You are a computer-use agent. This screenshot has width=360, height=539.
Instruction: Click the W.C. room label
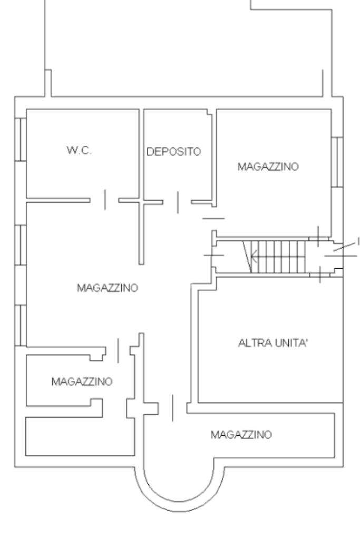click(79, 150)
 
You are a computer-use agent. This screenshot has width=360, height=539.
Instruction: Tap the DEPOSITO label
click(173, 152)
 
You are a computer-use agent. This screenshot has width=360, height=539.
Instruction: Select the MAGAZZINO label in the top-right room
click(268, 166)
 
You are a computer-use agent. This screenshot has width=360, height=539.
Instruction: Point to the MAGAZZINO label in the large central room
click(108, 288)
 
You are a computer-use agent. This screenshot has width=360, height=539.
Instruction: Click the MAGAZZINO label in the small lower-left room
click(82, 381)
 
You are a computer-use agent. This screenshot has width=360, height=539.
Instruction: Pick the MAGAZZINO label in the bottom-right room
click(241, 435)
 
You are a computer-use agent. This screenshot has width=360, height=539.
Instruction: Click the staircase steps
click(278, 257)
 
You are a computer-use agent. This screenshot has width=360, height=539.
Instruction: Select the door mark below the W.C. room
click(105, 199)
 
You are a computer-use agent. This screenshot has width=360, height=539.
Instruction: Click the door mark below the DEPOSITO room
click(178, 202)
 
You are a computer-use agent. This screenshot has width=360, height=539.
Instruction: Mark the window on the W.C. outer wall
click(21, 139)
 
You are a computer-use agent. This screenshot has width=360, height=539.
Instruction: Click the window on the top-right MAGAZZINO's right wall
click(337, 162)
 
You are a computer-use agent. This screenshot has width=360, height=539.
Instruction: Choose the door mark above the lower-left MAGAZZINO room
click(118, 350)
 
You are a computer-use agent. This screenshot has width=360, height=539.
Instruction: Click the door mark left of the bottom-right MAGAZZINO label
click(172, 408)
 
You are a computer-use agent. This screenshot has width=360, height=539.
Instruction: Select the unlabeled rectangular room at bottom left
click(80, 437)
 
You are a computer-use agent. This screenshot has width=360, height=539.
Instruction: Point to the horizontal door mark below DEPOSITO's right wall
click(213, 218)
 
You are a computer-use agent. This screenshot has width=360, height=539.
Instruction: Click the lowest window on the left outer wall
click(21, 325)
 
